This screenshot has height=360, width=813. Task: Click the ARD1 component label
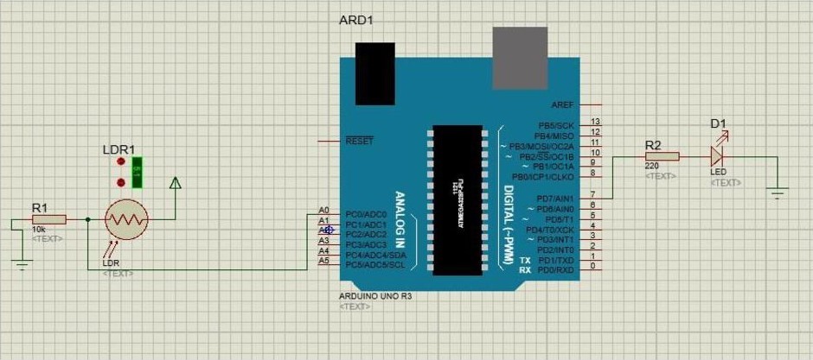pos(355,19)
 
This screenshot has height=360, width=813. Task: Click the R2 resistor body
pos(661,156)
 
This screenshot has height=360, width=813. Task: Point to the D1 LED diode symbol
pos(716,155)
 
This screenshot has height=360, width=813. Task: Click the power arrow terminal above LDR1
pos(176,182)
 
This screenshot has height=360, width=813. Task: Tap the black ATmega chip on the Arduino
pos(458,199)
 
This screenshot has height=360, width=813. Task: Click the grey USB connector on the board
pos(521,57)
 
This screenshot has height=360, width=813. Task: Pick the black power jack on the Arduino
pos(374,69)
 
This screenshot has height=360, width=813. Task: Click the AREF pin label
pos(562,104)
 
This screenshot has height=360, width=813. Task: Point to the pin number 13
pos(594,123)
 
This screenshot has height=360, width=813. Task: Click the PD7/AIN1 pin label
pos(555,199)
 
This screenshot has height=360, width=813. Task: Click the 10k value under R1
pos(39,230)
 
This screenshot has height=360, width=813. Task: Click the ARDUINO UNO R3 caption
pos(375,296)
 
